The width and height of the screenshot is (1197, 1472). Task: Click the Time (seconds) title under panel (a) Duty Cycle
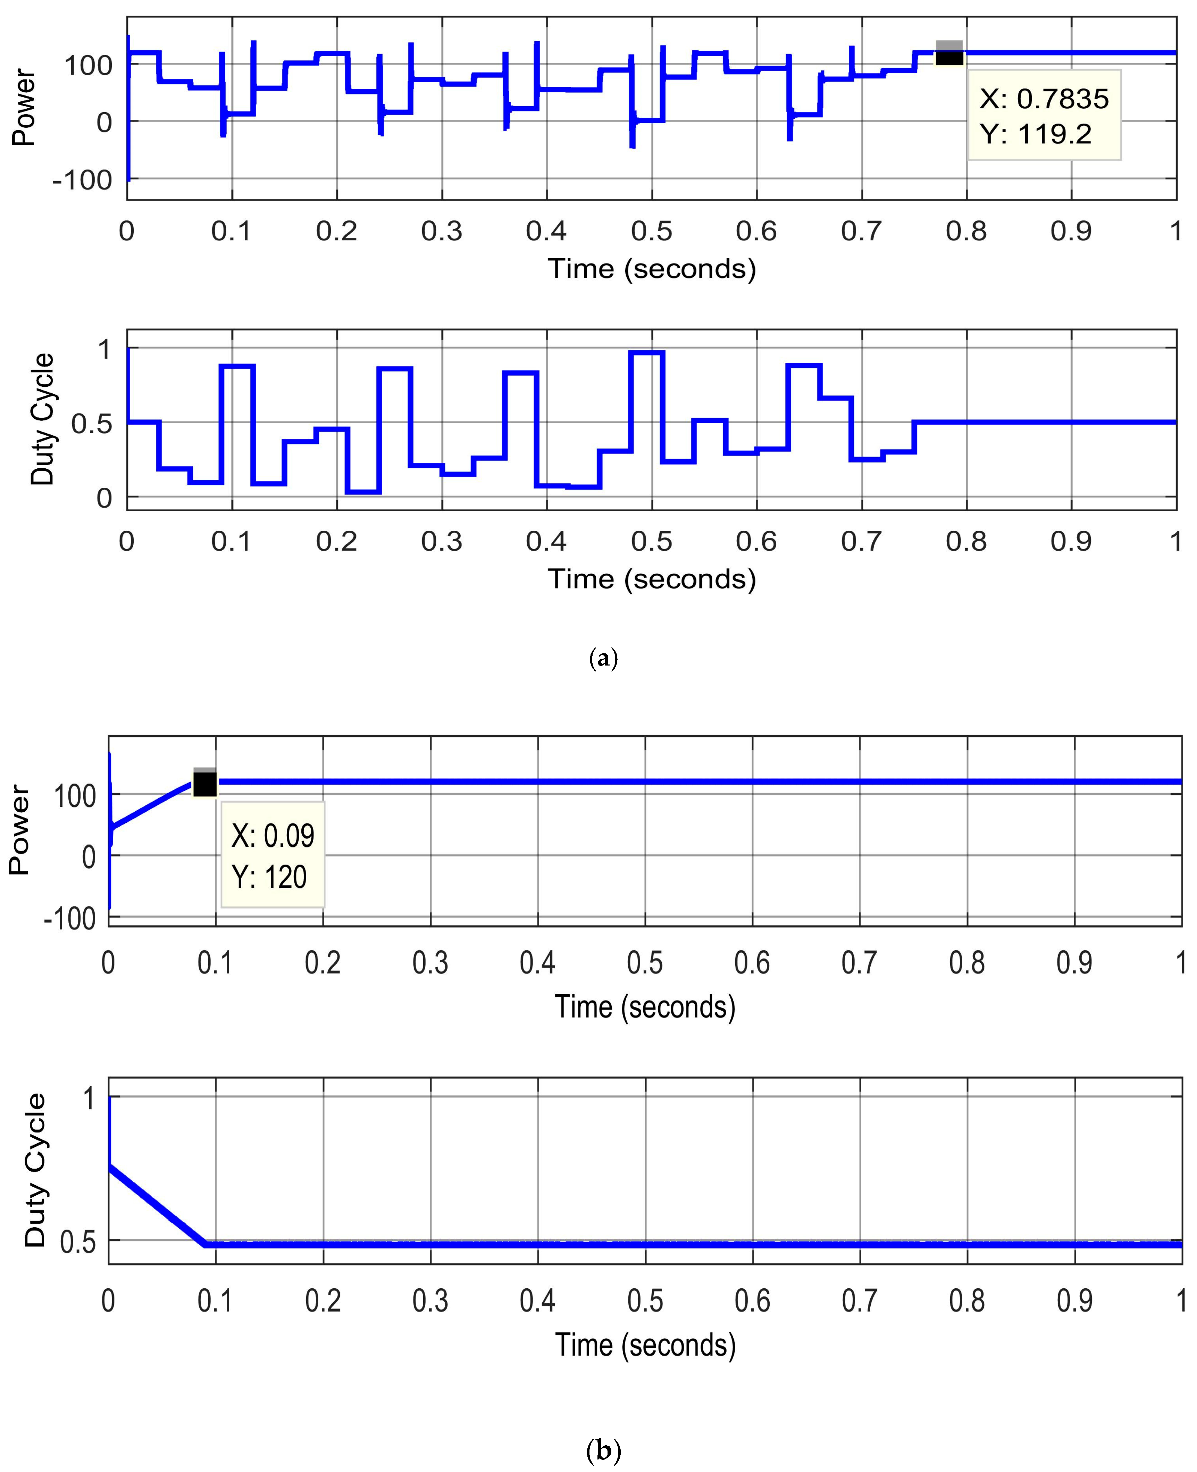coord(652,578)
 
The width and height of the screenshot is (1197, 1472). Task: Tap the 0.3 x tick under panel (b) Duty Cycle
coord(430,1300)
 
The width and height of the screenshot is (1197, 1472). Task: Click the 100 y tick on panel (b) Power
coord(75,796)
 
